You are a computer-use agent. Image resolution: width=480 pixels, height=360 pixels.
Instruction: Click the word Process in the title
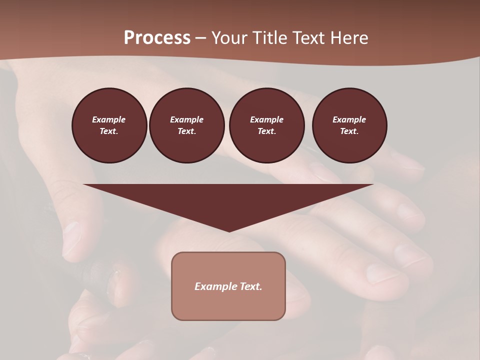pos(157,38)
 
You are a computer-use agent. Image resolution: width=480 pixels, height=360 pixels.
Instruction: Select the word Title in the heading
pos(271,38)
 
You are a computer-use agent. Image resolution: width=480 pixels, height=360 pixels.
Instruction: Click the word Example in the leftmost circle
pos(109,119)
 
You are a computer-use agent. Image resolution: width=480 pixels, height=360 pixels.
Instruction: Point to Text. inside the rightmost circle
pos(349,131)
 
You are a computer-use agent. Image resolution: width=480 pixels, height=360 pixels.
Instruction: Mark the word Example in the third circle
pos(266,119)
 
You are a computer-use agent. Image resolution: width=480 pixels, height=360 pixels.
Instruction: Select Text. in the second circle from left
pos(186,131)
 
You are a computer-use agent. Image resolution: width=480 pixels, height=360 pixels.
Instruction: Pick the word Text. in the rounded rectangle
pos(250,286)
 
